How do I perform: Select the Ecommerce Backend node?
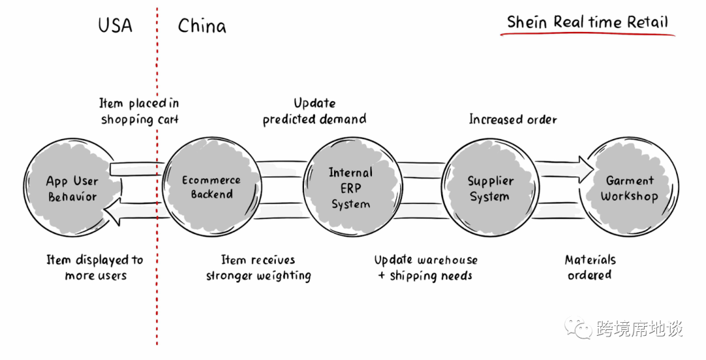point(212,187)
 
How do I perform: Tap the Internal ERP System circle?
point(352,187)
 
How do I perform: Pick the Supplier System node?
point(490,188)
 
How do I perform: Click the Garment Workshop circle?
point(629,187)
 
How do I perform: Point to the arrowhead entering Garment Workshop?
point(586,170)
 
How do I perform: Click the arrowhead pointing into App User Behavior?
point(112,212)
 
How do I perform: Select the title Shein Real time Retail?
point(588,22)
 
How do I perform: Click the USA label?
point(115,25)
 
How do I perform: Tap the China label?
point(202,25)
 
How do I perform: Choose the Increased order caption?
point(513,120)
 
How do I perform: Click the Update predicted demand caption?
point(314,111)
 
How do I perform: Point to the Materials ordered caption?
point(590,267)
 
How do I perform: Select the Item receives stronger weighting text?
point(258,268)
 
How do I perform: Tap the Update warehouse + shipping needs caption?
point(426,268)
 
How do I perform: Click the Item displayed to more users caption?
point(95,268)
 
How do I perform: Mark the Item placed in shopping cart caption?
point(140,111)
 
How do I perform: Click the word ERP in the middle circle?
point(351,188)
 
